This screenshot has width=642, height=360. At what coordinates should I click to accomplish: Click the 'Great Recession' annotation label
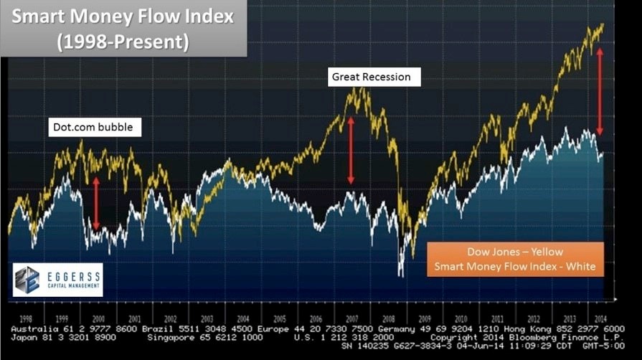point(370,77)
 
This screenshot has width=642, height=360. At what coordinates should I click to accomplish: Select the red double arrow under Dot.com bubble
point(96,203)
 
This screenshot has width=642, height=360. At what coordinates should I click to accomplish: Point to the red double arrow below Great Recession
point(351,151)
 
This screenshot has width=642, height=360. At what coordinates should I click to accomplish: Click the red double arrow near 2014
point(600,91)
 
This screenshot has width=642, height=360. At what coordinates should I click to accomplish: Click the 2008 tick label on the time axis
point(389,317)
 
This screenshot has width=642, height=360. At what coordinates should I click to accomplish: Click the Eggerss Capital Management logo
point(58,280)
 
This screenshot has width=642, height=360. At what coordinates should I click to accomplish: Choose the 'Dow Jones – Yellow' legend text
point(515,252)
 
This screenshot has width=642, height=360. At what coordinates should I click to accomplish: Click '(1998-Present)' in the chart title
point(123,42)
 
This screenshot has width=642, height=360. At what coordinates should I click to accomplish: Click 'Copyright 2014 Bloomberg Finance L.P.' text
point(527,336)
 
